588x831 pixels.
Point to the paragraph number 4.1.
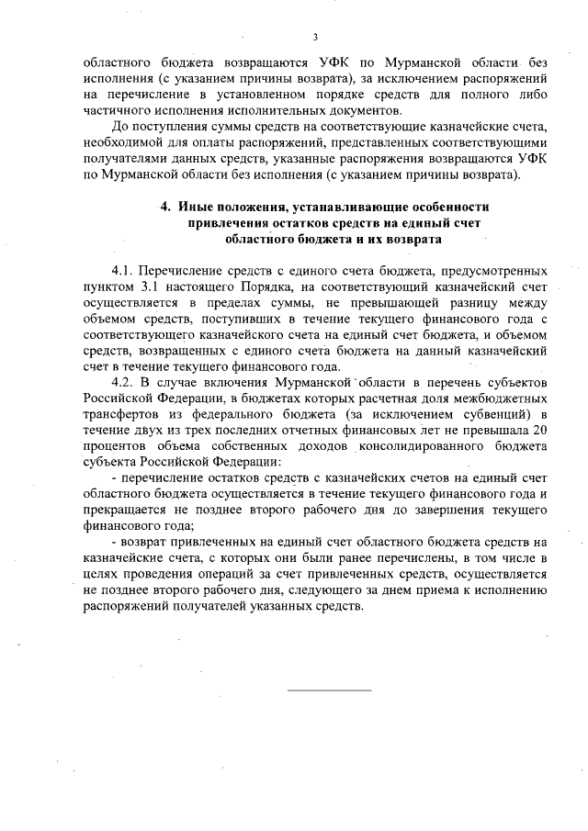click(x=124, y=272)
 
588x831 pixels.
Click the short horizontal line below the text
click(x=330, y=689)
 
